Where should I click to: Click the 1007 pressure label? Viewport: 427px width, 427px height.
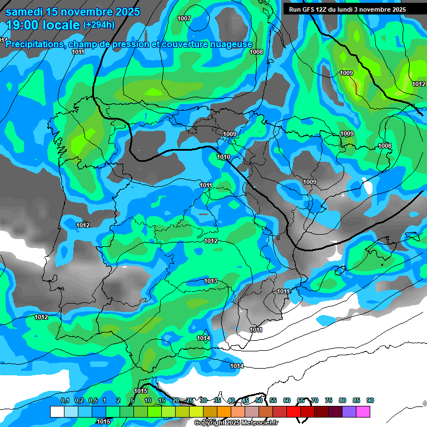click(x=184, y=18)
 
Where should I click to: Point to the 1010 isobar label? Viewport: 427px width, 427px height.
click(x=224, y=157)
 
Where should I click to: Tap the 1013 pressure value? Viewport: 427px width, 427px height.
click(x=211, y=281)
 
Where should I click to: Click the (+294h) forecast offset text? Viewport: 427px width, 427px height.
click(x=99, y=25)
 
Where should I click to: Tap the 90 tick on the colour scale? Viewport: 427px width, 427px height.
click(x=370, y=400)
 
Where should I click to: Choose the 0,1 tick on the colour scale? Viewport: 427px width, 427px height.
click(x=64, y=400)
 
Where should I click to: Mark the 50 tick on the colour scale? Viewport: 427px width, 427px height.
click(x=259, y=400)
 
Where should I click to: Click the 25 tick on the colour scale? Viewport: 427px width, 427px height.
click(x=190, y=400)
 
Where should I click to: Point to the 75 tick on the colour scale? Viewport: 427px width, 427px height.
click(x=329, y=400)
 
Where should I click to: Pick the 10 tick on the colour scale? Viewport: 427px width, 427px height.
click(x=148, y=400)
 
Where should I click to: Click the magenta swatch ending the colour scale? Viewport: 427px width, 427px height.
click(x=364, y=411)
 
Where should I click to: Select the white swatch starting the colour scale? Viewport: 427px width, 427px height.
click(x=57, y=411)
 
